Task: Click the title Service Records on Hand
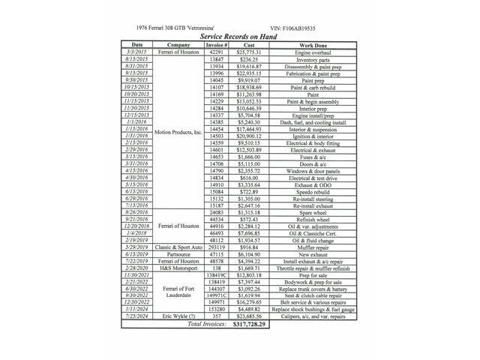pyautogui.click(x=239, y=36)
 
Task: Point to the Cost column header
pyautogui.click(x=248, y=44)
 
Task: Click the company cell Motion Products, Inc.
pyautogui.click(x=178, y=131)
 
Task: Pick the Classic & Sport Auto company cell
pyautogui.click(x=178, y=247)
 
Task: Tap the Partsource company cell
pyautogui.click(x=178, y=253)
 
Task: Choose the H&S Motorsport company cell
pyautogui.click(x=178, y=268)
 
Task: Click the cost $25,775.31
pyautogui.click(x=248, y=51)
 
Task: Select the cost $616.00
pyautogui.click(x=248, y=176)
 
